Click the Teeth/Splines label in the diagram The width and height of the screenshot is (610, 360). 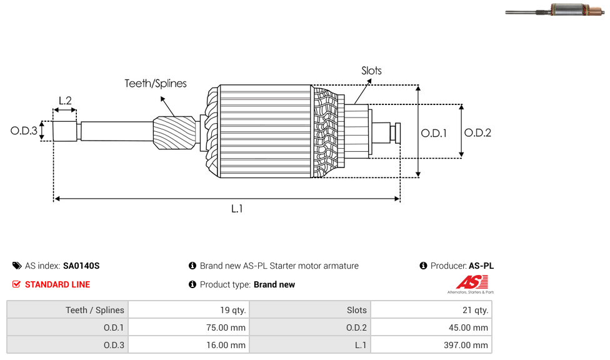coord(156,84)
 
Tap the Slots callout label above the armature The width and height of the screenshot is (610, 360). coord(371,71)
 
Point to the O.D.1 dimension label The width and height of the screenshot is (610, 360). coord(434,132)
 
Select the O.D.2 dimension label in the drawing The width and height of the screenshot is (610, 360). coord(477,132)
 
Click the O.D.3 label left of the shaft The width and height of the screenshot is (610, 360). coord(24,131)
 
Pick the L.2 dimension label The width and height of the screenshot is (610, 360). coord(65,101)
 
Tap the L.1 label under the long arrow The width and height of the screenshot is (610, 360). coord(237,209)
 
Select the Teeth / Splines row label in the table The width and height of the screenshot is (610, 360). coord(95,310)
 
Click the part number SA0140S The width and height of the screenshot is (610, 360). coord(81,266)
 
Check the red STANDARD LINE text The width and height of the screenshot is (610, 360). coord(57,284)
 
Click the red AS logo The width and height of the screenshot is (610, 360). coord(466,282)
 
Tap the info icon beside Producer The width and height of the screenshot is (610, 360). coord(423,266)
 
